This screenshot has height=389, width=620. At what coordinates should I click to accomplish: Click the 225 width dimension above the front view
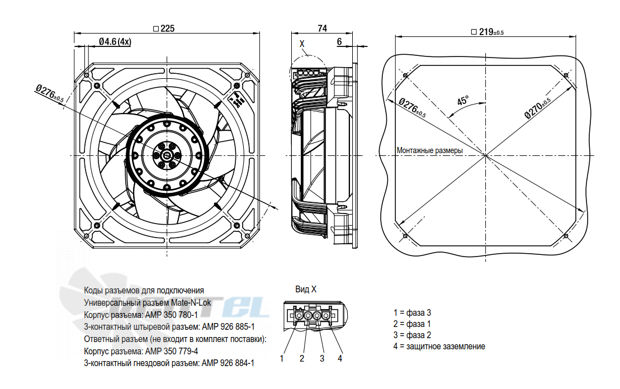[164, 29]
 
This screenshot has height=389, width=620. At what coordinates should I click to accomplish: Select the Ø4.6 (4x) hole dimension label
[115, 41]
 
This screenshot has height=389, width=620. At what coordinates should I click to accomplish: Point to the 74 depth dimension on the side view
[322, 29]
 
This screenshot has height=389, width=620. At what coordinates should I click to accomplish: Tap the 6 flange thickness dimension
[339, 41]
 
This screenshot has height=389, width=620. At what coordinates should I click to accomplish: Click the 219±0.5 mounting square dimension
[487, 32]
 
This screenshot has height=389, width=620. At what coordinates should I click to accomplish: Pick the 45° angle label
[463, 100]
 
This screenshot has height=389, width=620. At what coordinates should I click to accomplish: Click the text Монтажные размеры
[429, 150]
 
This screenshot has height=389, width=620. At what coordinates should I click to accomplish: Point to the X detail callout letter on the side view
[302, 44]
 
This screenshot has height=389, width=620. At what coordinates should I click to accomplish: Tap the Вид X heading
[306, 289]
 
